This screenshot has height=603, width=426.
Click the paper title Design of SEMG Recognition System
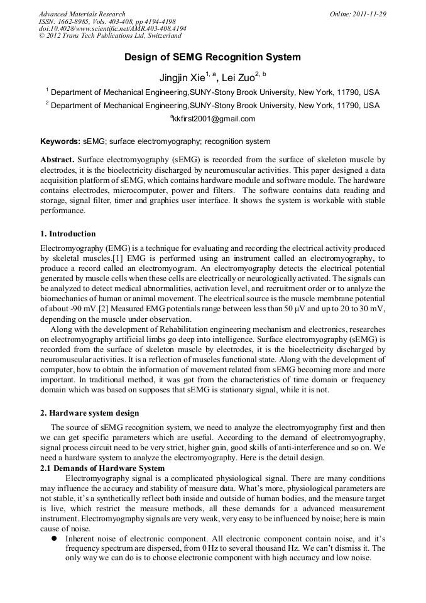point(212,57)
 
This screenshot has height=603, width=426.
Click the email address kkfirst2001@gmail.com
point(214,119)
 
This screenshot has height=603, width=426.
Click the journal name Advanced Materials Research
point(82,14)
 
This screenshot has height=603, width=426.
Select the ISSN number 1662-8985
point(74,21)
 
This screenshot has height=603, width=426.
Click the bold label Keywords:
point(60,141)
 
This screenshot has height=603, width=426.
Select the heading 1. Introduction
point(68,234)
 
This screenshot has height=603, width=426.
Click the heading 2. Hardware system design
point(89,413)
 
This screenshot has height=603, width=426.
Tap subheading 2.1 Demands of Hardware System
point(102,468)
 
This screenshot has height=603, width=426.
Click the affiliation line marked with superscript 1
point(214,92)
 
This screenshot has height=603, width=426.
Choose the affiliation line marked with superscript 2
point(214,105)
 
